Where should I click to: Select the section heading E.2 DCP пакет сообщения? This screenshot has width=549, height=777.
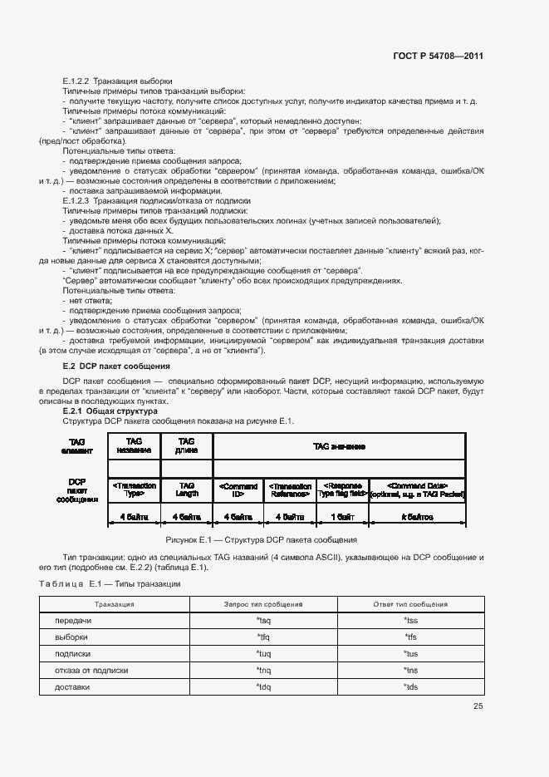(x=116, y=366)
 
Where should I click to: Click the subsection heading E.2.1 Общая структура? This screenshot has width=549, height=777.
(x=110, y=411)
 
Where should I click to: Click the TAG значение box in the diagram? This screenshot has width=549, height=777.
(x=339, y=446)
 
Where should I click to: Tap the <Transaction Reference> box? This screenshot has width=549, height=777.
(x=290, y=490)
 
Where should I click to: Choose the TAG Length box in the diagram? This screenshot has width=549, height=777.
(x=187, y=490)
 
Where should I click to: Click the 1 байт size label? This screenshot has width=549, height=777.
(x=341, y=517)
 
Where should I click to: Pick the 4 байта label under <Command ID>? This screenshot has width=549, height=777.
(x=238, y=517)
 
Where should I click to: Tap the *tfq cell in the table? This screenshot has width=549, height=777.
(x=264, y=637)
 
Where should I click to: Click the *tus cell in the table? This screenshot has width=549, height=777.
(x=410, y=654)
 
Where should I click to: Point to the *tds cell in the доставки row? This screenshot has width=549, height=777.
(x=410, y=687)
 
